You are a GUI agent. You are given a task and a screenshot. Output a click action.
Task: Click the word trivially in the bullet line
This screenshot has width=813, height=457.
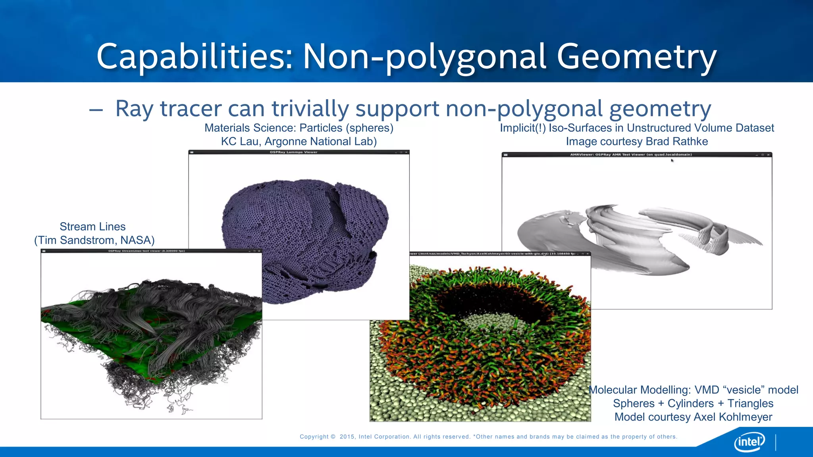310,108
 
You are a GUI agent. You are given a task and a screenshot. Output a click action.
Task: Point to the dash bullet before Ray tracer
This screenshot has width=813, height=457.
96,109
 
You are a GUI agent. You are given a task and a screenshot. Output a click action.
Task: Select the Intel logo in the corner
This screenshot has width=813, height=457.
749,442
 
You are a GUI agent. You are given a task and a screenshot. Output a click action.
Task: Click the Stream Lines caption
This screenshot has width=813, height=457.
92,227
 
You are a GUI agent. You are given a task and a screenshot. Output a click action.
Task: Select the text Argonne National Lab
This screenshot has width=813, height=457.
320,142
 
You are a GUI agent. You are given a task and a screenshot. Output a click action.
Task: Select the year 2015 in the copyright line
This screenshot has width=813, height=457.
347,437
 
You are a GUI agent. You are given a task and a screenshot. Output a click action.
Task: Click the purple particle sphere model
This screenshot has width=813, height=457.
302,238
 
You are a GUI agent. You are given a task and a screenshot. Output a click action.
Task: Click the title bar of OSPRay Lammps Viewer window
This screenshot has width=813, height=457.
299,152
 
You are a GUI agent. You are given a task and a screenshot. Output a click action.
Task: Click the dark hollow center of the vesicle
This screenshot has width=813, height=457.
476,301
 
